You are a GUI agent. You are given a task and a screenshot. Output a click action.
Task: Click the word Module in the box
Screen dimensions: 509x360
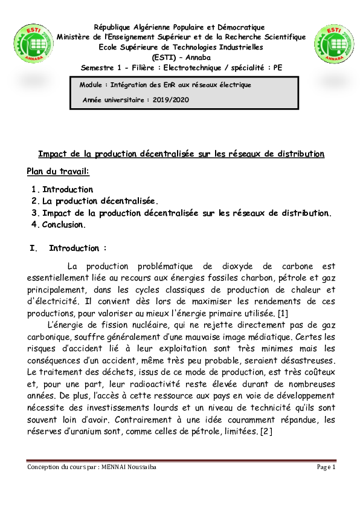(x=91, y=85)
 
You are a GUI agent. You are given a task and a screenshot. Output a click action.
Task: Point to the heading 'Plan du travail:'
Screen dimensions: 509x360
(x=58, y=172)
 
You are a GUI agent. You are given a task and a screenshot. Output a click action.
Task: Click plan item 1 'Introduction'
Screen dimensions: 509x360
(x=68, y=189)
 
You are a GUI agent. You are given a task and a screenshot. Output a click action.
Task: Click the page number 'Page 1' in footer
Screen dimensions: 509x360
(x=326, y=467)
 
